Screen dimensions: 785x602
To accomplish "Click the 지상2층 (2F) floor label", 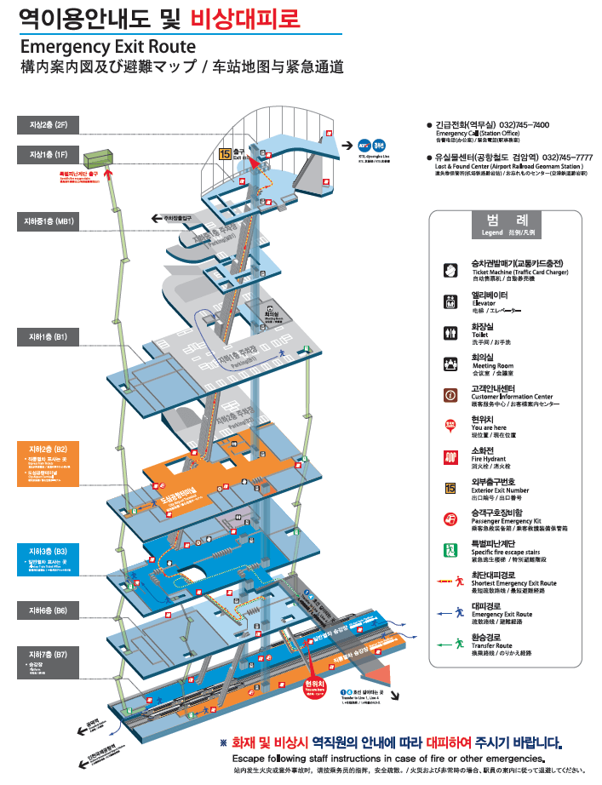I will [x=49, y=125].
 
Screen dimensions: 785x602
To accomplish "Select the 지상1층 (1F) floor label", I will [x=49, y=154].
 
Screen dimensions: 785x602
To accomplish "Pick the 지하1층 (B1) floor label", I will [x=49, y=337].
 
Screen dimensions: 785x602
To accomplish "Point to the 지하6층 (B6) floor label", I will [x=49, y=610].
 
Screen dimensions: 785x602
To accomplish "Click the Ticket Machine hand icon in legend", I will [x=451, y=270].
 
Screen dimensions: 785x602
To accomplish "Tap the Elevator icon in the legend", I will [x=451, y=301].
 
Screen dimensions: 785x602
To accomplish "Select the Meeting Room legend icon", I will [x=451, y=364].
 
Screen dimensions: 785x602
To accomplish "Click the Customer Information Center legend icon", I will [x=451, y=394].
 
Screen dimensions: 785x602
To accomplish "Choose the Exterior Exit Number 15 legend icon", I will [x=451, y=488].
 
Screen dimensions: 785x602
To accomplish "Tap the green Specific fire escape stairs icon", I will [x=451, y=550].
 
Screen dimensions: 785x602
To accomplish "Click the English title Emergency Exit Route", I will [x=107, y=47].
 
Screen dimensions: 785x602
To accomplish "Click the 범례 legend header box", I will [x=506, y=223].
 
